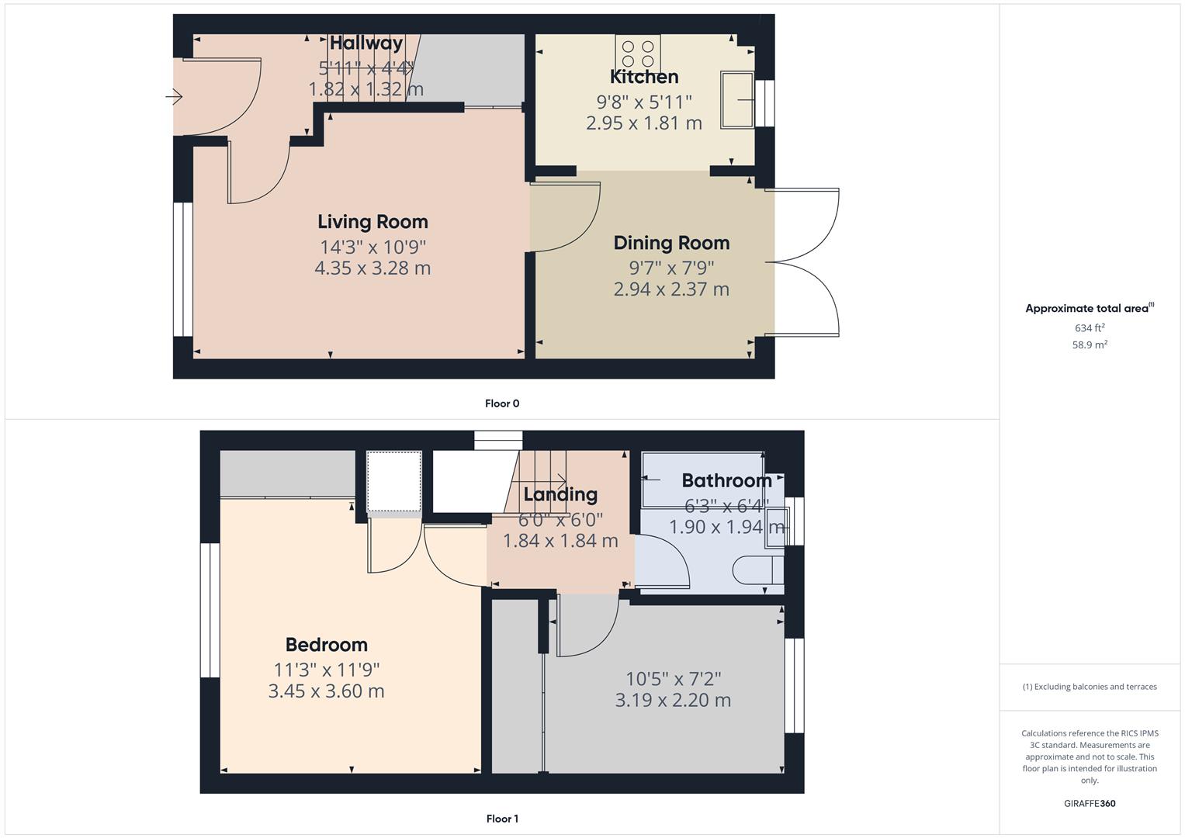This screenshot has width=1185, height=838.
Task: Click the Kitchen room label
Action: (x=644, y=77)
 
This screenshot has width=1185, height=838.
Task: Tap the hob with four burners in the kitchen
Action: (x=638, y=53)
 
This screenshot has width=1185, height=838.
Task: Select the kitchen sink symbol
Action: (x=737, y=99)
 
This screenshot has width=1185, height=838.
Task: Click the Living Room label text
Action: (x=372, y=222)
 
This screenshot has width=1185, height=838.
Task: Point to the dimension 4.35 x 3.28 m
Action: (x=372, y=268)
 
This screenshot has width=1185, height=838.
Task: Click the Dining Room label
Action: (x=671, y=243)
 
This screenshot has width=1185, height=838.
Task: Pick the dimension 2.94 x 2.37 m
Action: (x=671, y=289)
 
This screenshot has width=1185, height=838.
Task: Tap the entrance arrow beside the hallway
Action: (x=174, y=97)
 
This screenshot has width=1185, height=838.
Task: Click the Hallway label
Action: (x=366, y=43)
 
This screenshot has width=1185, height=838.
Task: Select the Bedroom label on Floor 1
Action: (x=326, y=645)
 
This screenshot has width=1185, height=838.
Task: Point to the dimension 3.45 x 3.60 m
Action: (x=326, y=691)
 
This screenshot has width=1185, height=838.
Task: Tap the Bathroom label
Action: (x=726, y=481)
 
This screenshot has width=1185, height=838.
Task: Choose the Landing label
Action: (x=560, y=495)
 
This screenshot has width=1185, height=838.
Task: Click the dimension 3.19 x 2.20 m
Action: (x=673, y=701)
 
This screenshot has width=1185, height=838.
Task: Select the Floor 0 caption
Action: (x=502, y=403)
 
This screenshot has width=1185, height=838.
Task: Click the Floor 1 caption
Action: (x=502, y=819)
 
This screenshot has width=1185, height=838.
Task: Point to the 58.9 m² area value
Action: (x=1090, y=345)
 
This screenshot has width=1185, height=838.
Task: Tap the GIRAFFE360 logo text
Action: (x=1090, y=804)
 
